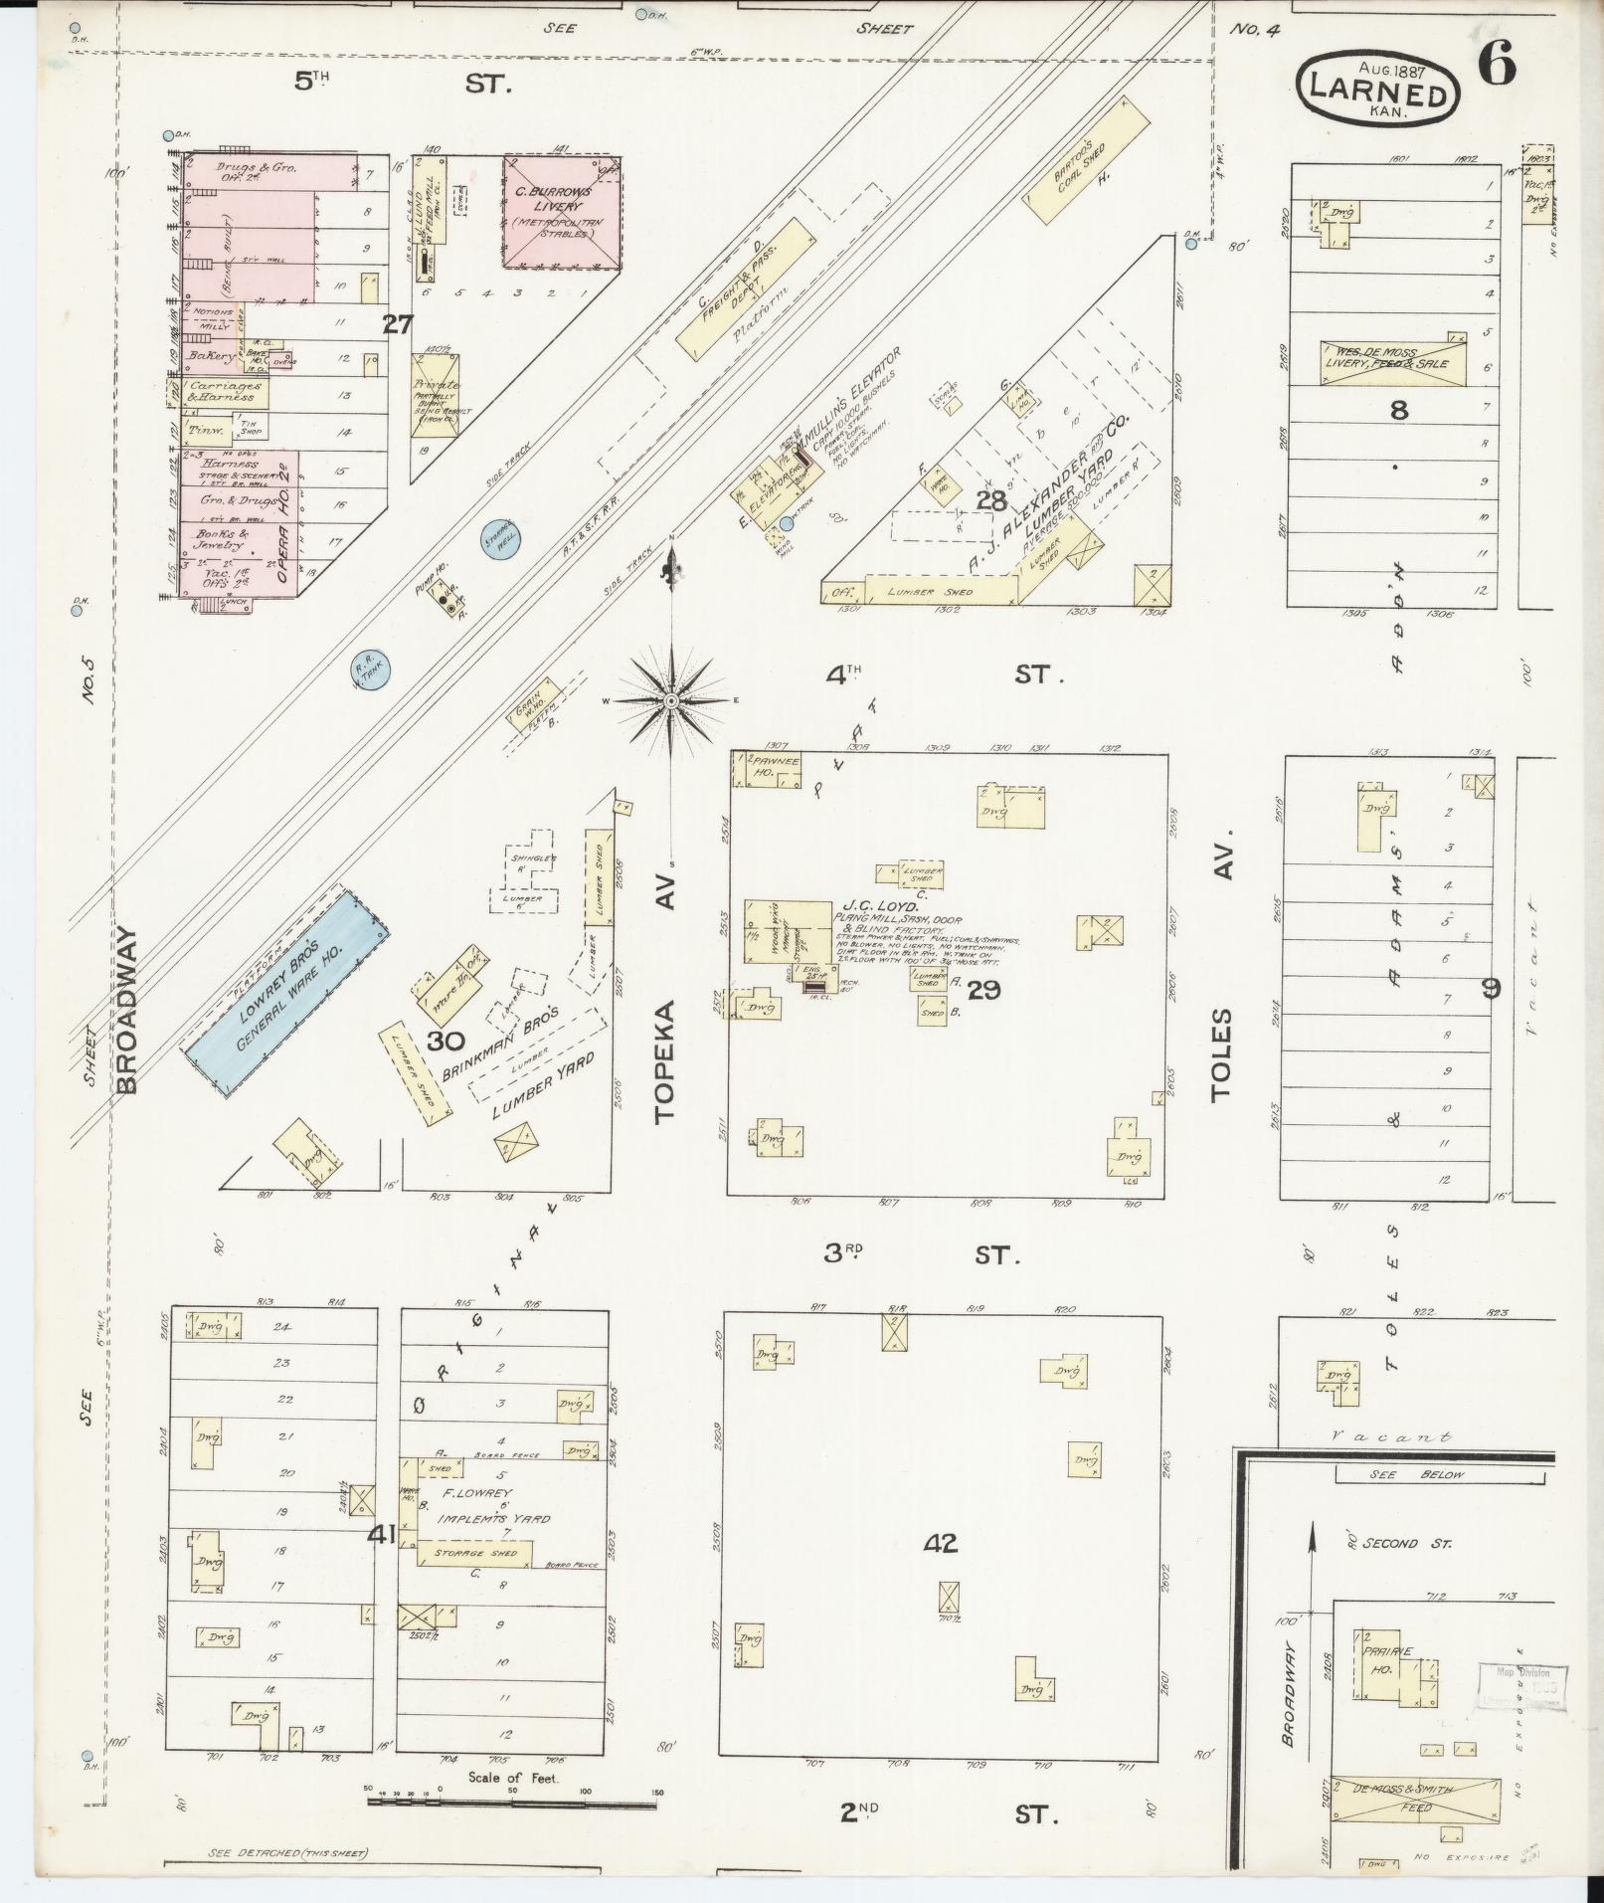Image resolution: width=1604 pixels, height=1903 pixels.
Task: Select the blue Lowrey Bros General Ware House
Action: coord(282,986)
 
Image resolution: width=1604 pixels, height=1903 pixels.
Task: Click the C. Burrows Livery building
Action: coord(561,211)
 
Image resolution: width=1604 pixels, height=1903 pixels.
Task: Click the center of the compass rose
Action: coord(672,702)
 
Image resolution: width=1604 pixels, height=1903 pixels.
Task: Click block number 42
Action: coord(940,1543)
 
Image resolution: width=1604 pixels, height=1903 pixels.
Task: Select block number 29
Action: coord(982,989)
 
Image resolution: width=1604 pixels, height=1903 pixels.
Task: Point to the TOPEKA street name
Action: coord(665,1062)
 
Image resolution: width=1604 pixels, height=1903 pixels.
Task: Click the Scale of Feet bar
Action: coord(512,1795)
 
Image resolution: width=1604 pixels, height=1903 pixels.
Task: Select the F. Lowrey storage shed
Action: coord(474,1553)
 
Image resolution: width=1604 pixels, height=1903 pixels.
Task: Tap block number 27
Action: coord(398,323)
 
